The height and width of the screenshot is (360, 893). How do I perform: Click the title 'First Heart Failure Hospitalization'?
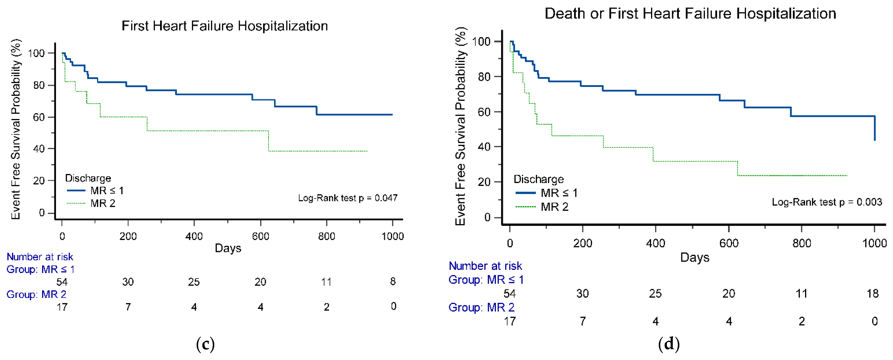[x=225, y=26]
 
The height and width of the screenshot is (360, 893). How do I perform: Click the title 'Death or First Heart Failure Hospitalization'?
[x=690, y=14]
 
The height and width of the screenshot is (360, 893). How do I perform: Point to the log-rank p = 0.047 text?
[x=348, y=198]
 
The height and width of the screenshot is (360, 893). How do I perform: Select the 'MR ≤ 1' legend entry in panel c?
[x=95, y=191]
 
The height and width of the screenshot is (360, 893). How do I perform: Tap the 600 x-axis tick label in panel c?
[x=260, y=236]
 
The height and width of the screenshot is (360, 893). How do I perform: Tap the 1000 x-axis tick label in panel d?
[x=874, y=243]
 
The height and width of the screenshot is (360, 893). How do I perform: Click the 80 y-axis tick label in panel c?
[x=39, y=85]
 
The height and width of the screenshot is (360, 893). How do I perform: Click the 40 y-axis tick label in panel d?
[x=484, y=147]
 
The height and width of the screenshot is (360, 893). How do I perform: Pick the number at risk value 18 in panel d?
[x=873, y=294]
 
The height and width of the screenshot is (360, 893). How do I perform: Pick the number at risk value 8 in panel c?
[x=393, y=281]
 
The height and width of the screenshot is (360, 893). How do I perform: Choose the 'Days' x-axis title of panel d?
[x=695, y=257]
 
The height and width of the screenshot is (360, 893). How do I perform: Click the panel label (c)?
[x=205, y=344]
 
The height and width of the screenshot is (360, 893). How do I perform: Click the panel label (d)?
[x=669, y=344]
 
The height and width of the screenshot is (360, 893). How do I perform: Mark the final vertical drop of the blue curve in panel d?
[x=875, y=128]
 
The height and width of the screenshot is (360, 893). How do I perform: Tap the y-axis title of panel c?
[x=16, y=129]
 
